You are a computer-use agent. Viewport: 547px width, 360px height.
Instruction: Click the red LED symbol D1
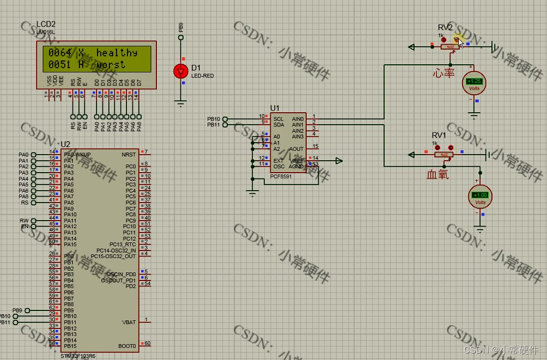181,70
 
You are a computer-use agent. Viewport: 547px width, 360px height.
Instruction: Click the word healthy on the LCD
117,53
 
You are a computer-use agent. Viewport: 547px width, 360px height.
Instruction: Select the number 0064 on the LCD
59,53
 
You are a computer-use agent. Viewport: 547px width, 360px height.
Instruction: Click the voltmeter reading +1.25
474,81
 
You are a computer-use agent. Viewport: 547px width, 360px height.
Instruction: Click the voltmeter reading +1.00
480,195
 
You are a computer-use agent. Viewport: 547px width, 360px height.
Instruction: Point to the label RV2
445,28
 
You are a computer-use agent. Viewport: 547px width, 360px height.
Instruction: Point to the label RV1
439,135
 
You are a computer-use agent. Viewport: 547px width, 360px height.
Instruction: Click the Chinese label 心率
443,72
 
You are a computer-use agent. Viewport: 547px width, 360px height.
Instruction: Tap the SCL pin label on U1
278,119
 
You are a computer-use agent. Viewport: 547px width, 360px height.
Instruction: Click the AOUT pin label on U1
296,149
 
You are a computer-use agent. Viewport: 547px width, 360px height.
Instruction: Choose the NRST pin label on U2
129,154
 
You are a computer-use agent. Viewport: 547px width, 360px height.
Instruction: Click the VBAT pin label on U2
129,322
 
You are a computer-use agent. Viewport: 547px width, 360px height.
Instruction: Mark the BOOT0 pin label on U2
127,346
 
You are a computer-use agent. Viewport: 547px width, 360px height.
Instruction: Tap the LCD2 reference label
46,25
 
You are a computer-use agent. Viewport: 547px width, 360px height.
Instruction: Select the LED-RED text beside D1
202,76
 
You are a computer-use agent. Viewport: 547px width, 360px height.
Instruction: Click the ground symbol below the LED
181,101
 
